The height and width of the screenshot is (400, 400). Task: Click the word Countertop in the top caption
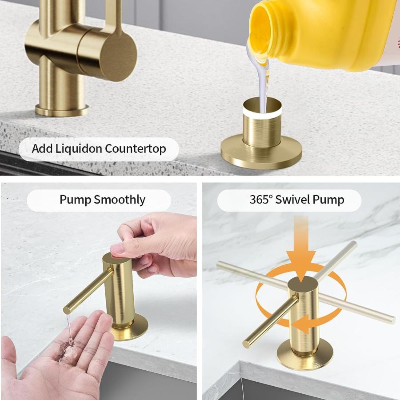tap(136, 149)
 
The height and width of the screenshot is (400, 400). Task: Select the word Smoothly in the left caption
tap(120, 200)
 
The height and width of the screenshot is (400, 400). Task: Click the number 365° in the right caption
tap(261, 200)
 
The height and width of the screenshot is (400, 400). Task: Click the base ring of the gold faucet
tap(62, 110)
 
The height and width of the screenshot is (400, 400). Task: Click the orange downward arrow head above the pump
tap(301, 265)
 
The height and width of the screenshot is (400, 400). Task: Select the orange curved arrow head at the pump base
tap(300, 324)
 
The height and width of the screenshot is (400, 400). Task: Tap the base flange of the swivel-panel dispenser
tap(305, 355)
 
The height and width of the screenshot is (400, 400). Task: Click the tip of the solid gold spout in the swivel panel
tap(246, 344)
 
